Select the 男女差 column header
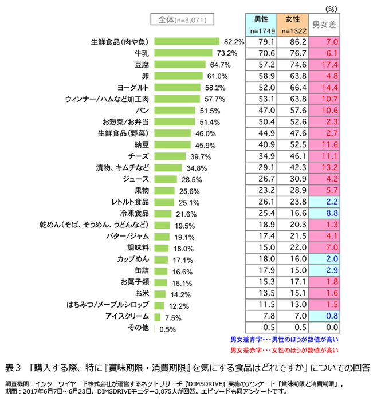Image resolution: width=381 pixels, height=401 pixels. pyautogui.click(x=324, y=25)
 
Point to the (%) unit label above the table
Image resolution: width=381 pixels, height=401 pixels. pyautogui.click(x=332, y=7)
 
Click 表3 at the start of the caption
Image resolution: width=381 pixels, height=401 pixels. pyautogui.click(x=12, y=366)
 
